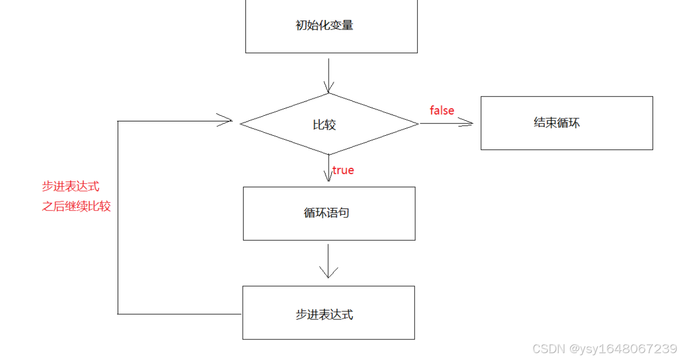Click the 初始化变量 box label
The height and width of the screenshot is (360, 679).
(x=324, y=25)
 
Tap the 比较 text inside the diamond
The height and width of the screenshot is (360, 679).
(x=324, y=125)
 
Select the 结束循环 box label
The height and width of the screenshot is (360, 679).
(x=557, y=123)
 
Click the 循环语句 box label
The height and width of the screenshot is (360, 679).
(x=326, y=213)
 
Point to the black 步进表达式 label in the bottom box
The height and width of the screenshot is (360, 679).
(x=324, y=315)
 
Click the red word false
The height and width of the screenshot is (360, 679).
(x=442, y=110)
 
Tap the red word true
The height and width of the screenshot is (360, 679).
(x=343, y=170)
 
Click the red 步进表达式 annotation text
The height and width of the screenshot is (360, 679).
(x=71, y=187)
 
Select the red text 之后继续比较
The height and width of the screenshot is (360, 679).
(x=76, y=206)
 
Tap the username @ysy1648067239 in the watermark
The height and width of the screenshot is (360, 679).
(x=622, y=349)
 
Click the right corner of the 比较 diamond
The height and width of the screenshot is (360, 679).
(x=418, y=124)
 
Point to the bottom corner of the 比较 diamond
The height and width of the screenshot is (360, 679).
(x=329, y=154)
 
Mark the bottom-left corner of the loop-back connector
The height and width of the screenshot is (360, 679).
(x=118, y=314)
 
